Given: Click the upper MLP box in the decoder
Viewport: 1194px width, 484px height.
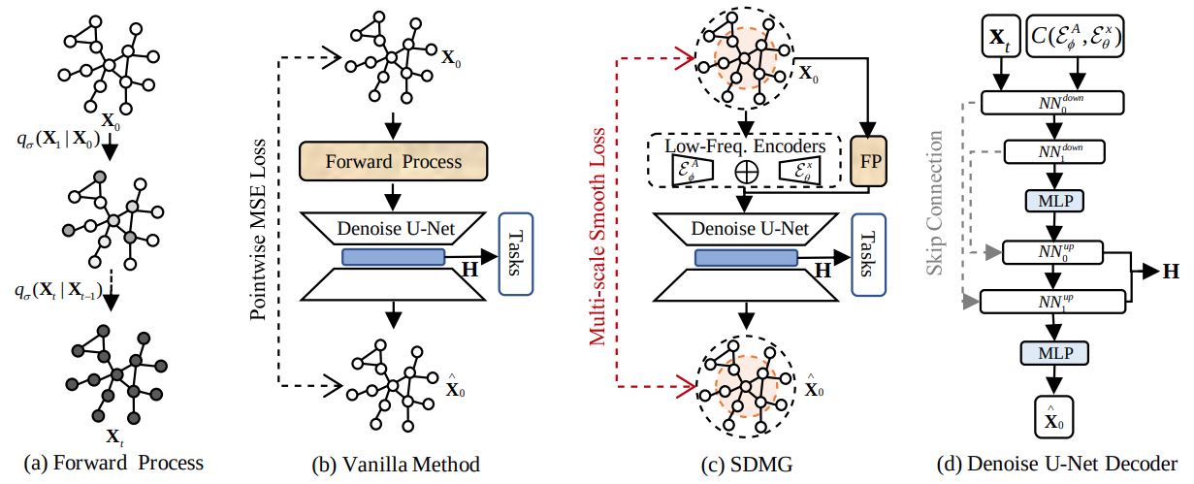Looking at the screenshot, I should pos(1052,202).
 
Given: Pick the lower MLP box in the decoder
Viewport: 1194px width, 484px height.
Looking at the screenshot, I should pos(1052,352).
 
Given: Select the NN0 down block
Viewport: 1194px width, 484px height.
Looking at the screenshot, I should pos(1052,103).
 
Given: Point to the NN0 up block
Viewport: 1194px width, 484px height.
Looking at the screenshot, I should pos(1052,252).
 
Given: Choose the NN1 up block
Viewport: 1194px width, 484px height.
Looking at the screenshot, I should pos(1052,302).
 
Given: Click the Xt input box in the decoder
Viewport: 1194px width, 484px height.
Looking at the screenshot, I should pos(1000,43).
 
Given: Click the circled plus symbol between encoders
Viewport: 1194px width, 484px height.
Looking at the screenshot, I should pos(746,170).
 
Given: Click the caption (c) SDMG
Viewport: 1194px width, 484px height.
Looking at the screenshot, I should pos(746,466).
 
